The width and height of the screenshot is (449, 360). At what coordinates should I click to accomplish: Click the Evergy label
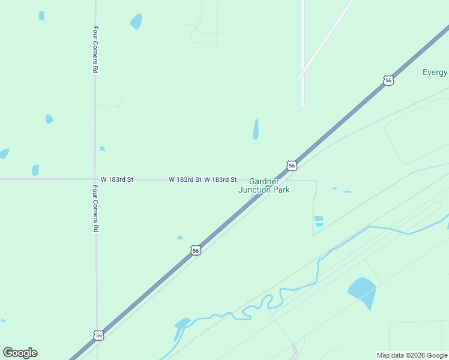435,72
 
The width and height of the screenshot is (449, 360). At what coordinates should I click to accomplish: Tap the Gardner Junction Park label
264,185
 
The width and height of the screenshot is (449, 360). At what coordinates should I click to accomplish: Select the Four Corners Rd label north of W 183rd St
95,50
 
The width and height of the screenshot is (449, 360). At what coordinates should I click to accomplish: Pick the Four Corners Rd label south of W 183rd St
95,208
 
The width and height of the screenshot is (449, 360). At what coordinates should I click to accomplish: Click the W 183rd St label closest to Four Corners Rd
117,179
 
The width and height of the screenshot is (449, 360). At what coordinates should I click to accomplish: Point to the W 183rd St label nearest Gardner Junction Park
220,179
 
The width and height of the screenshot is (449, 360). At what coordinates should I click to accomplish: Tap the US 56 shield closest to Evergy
388,80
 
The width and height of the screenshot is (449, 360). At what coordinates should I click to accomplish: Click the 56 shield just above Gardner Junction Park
291,166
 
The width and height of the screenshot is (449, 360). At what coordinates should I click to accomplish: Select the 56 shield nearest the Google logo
98,335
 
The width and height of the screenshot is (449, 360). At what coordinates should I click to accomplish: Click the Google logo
20,353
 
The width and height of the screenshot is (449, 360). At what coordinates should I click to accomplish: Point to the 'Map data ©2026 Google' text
412,355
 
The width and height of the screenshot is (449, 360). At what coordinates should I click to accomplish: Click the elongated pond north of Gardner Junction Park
256,129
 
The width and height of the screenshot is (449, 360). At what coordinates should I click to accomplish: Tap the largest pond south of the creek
362,291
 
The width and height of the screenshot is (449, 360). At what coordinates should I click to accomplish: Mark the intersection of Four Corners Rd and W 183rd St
95,179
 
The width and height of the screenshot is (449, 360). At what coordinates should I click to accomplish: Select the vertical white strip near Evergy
303,54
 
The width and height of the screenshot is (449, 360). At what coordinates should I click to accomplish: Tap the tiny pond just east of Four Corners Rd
102,148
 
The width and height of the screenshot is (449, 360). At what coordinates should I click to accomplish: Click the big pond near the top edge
136,22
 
